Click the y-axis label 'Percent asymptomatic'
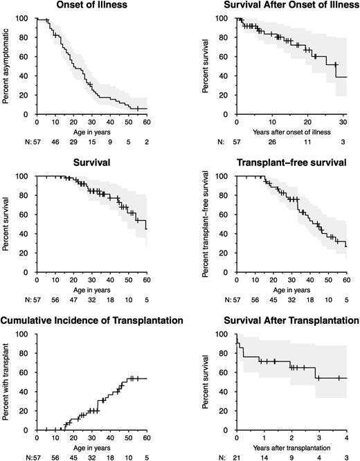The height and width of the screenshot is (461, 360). [x=6, y=67]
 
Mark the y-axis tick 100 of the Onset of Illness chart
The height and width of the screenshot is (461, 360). [x=26, y=18]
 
